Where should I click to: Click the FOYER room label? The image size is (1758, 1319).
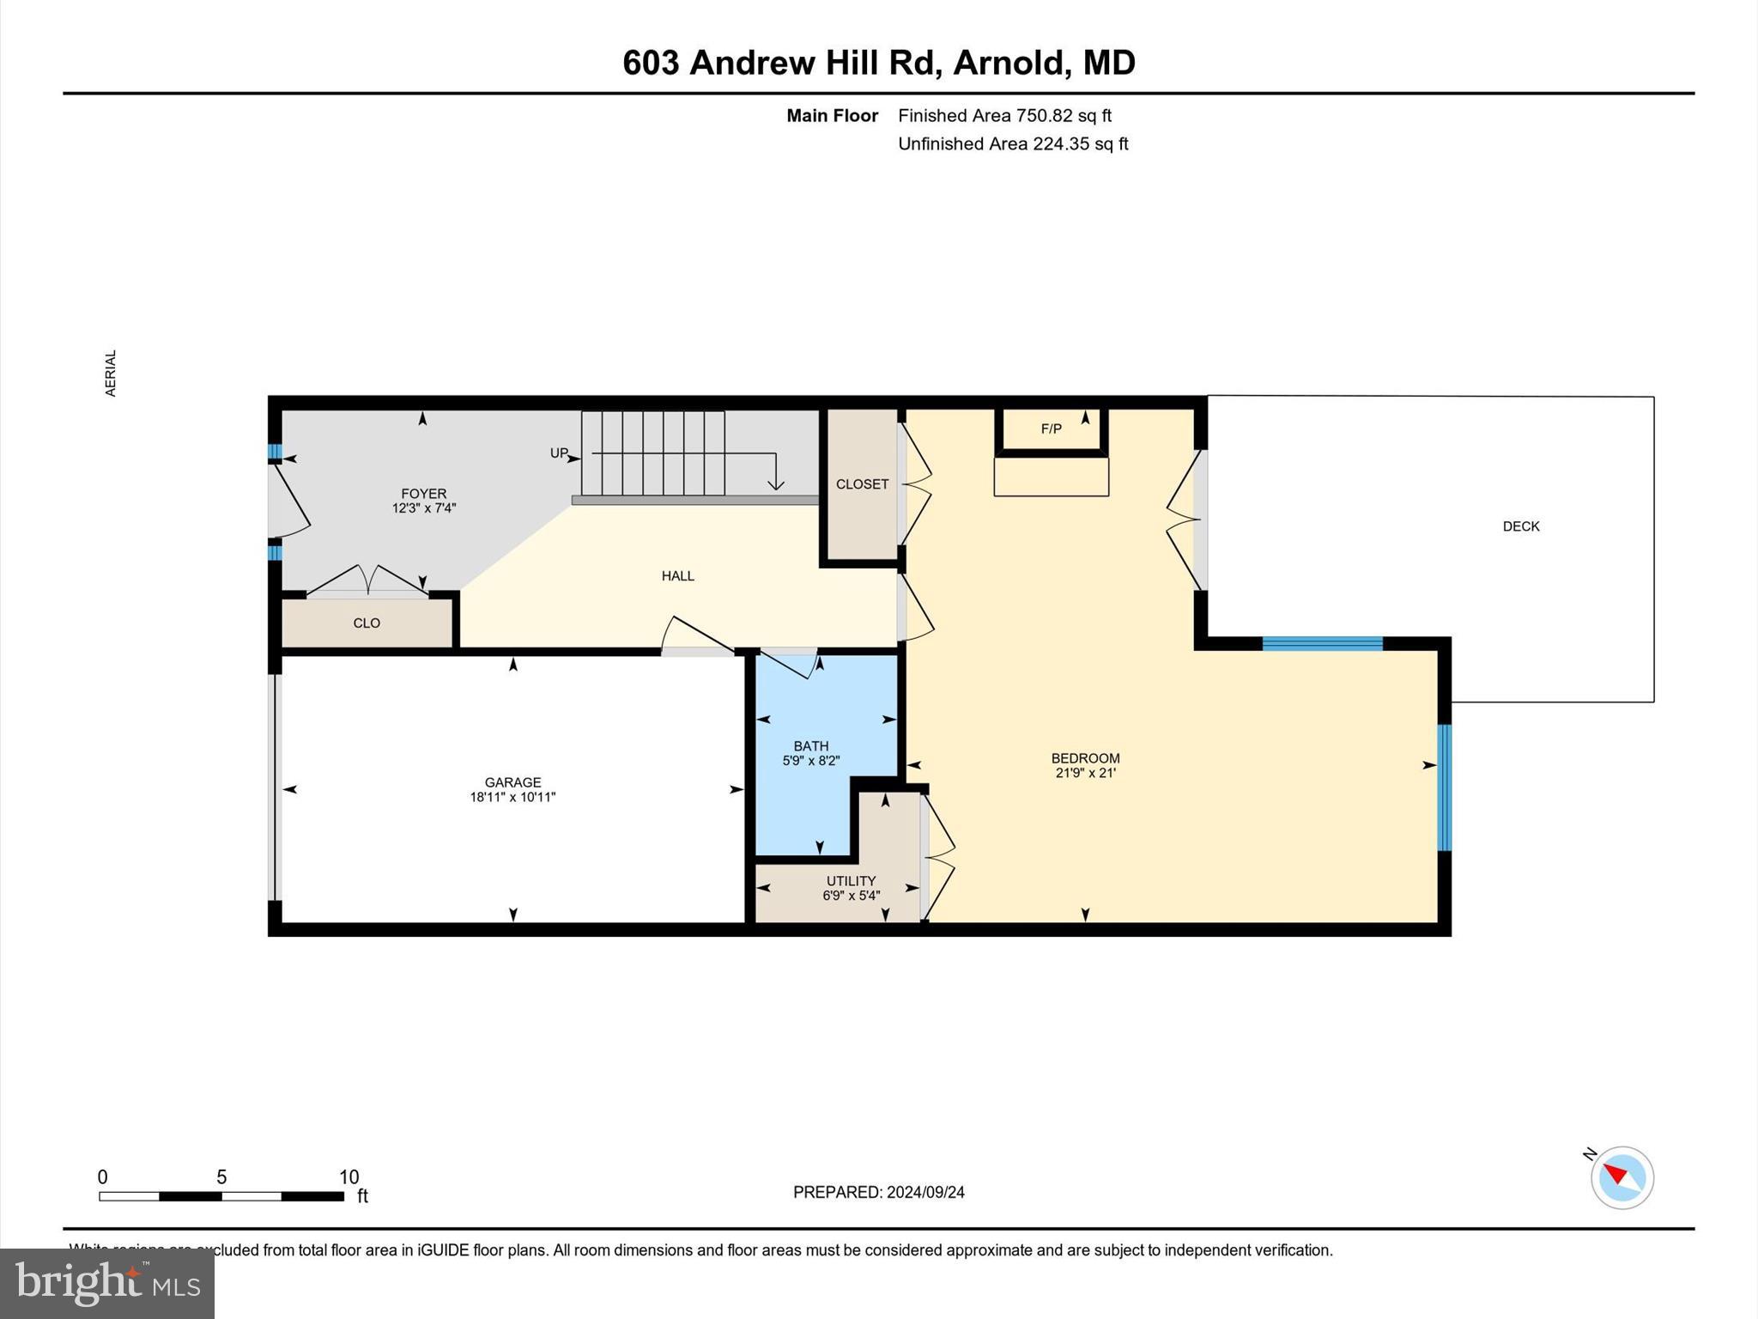tap(423, 494)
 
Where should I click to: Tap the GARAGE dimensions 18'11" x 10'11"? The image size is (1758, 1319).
tap(512, 797)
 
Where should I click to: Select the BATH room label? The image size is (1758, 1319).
tap(810, 746)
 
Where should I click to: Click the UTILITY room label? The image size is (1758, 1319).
tap(851, 881)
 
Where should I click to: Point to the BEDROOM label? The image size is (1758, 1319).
tap(1085, 758)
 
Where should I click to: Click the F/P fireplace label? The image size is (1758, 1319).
tap(1051, 429)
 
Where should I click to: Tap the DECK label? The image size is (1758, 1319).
tap(1520, 526)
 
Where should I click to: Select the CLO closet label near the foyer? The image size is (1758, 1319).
tap(367, 623)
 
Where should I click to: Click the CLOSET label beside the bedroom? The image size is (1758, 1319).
tap(862, 484)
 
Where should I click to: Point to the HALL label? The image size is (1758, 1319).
tap(677, 576)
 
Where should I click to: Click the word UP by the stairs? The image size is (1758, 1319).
tap(559, 453)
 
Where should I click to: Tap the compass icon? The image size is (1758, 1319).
tap(1622, 1177)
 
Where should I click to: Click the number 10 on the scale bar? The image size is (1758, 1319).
tap(349, 1177)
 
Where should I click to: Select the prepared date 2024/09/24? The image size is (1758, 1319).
tap(925, 1192)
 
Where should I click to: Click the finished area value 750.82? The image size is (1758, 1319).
tap(1045, 115)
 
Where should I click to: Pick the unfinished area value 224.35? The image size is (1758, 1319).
tap(1061, 143)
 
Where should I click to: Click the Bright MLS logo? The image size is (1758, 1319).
tap(107, 1284)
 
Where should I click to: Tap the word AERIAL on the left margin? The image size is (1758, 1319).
tap(110, 373)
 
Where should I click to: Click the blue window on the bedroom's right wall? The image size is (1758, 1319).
tap(1444, 787)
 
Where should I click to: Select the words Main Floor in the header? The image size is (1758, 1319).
tap(832, 115)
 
